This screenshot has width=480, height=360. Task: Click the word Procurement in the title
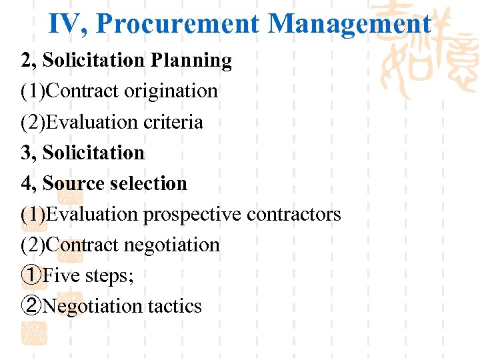click(177, 24)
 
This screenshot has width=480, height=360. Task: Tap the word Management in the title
click(349, 24)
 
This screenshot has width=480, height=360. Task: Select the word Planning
click(191, 61)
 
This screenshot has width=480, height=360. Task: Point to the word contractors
click(294, 214)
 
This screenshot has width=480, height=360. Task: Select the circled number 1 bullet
click(31, 275)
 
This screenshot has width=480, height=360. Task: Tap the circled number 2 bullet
click(31, 305)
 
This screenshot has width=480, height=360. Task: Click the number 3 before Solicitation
click(27, 153)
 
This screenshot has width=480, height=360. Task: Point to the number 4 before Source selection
click(27, 183)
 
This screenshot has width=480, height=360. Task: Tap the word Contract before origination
click(85, 91)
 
